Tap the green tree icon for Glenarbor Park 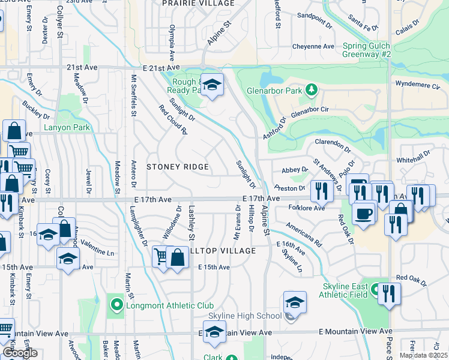311,90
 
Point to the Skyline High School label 244,316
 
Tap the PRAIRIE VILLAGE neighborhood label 198,4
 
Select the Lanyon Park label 66,128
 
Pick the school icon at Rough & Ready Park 211,85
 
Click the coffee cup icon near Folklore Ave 363,214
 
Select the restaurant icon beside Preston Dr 322,191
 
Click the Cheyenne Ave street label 313,46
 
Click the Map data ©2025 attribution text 423,355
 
